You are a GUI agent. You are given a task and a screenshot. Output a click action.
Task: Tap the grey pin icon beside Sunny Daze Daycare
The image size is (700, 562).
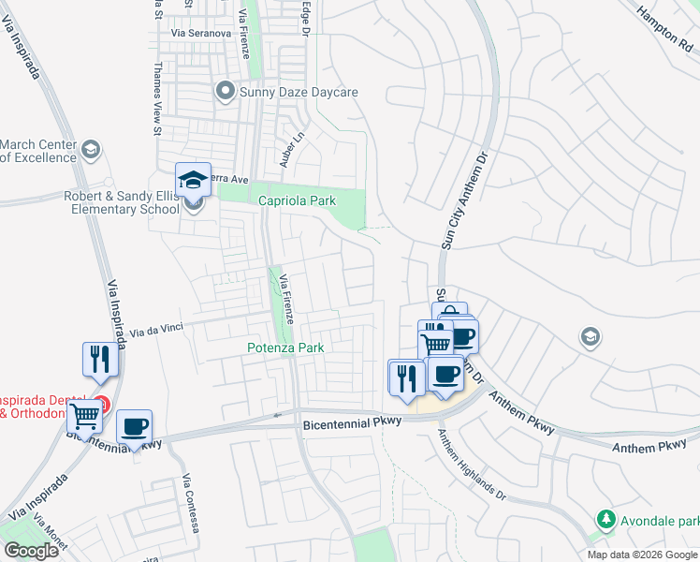[224, 91]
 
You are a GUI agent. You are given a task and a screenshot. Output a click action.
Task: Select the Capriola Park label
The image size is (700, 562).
[290, 200]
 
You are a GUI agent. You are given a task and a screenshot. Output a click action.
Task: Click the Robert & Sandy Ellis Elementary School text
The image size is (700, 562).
[122, 202]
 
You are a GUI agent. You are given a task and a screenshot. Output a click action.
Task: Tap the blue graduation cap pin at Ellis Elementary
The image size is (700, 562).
[194, 179]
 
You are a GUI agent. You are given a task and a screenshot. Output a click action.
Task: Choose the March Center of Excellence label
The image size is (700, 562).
[38, 151]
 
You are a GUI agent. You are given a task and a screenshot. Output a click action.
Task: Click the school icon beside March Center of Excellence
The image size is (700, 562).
[90, 150]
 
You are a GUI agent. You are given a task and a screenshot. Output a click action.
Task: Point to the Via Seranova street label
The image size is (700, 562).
[201, 33]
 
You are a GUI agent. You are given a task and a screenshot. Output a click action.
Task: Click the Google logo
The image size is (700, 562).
[31, 551]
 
